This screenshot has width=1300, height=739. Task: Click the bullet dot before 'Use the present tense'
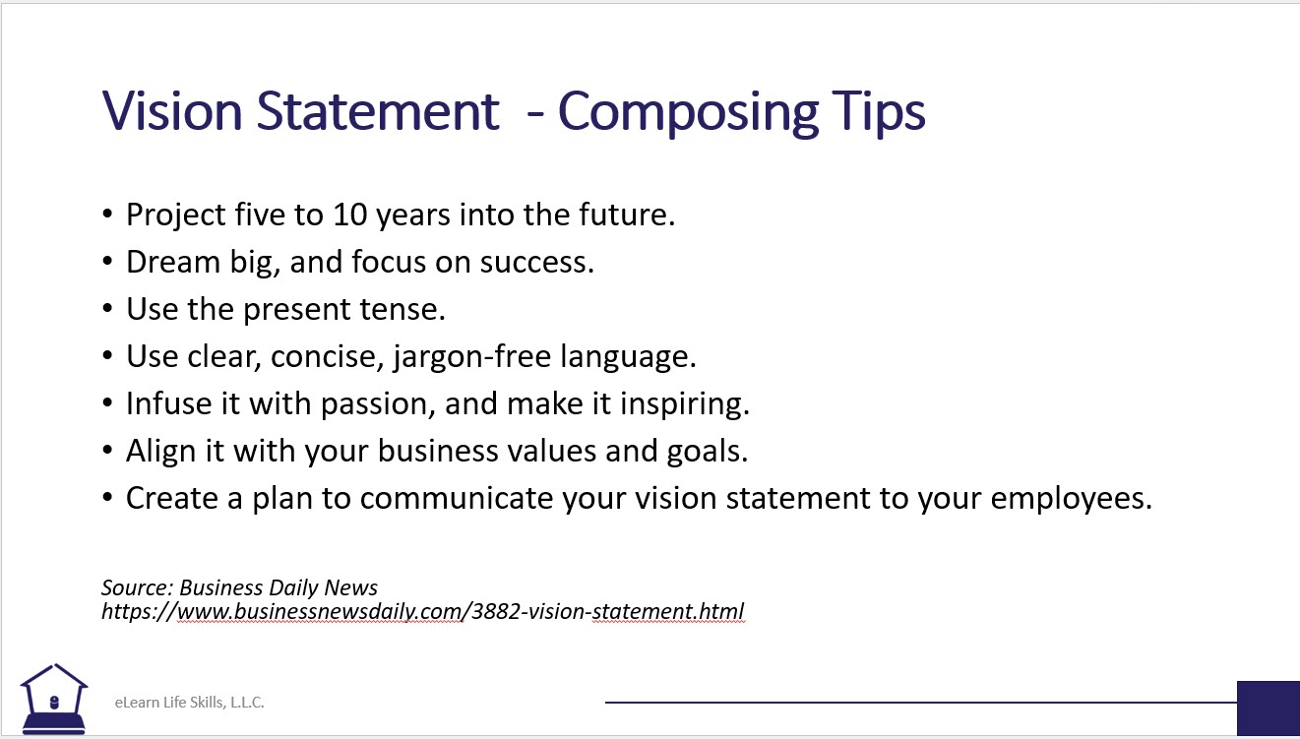click(x=108, y=310)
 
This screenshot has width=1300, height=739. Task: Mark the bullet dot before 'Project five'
click(x=108, y=216)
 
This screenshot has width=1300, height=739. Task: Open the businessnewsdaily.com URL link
click(x=423, y=612)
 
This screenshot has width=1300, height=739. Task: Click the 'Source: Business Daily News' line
click(x=239, y=588)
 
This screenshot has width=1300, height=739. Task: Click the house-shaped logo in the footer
click(x=54, y=699)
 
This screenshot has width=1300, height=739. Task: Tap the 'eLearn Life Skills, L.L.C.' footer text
click(x=189, y=703)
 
